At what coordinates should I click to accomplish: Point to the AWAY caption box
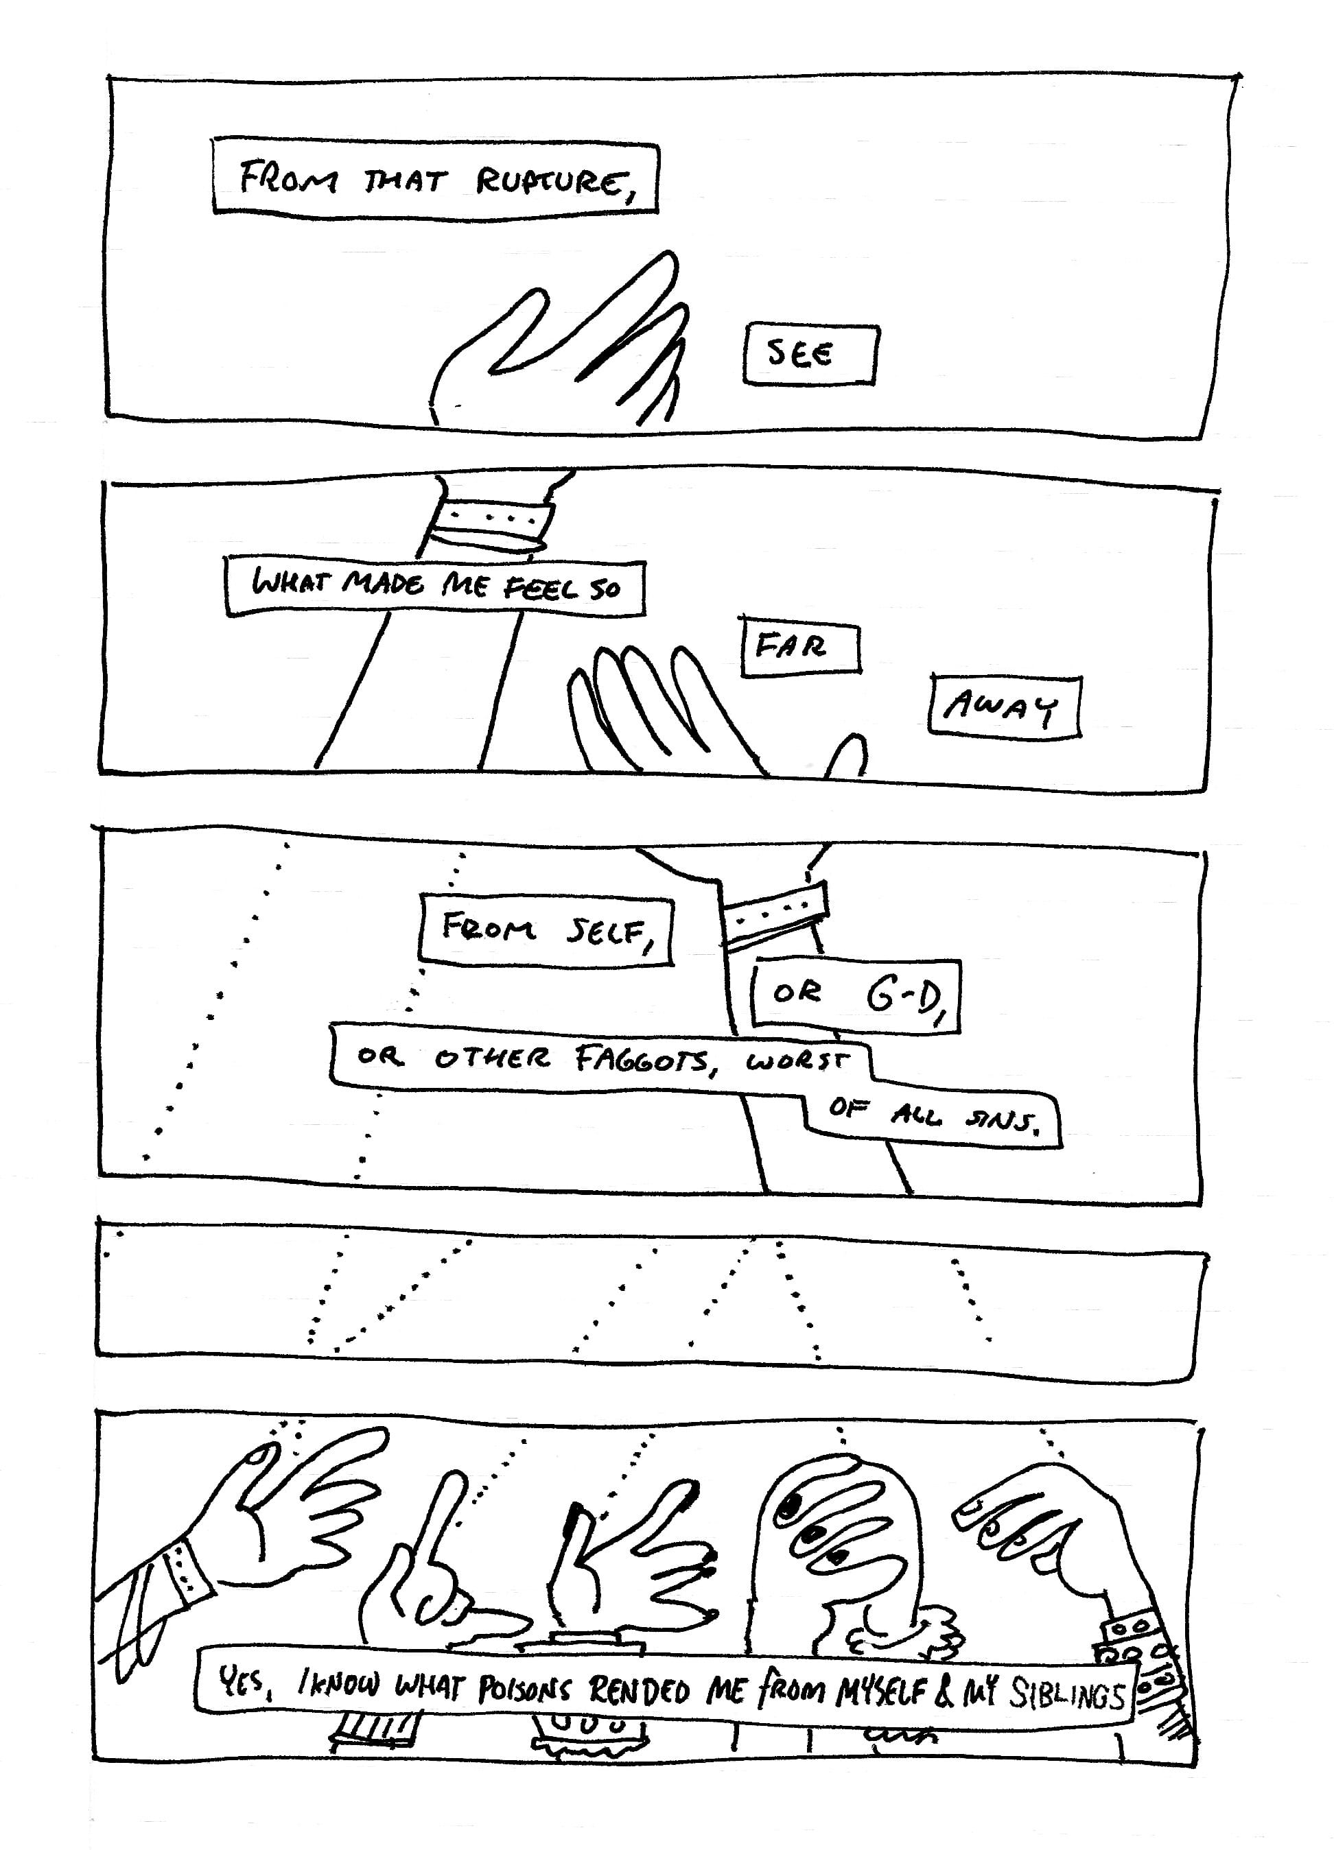pyautogui.click(x=1003, y=707)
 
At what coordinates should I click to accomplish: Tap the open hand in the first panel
pyautogui.click(x=563, y=342)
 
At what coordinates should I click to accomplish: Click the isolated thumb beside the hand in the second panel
pyautogui.click(x=849, y=754)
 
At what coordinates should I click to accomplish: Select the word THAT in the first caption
pyautogui.click(x=405, y=181)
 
